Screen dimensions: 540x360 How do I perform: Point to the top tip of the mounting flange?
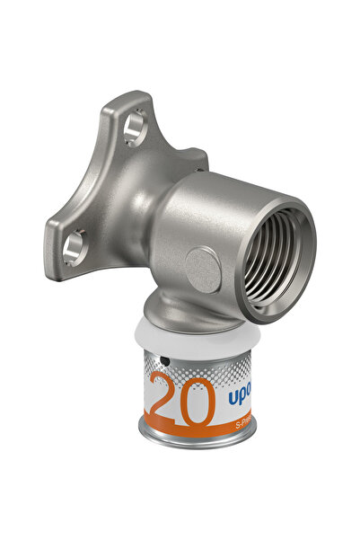click(135, 97)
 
